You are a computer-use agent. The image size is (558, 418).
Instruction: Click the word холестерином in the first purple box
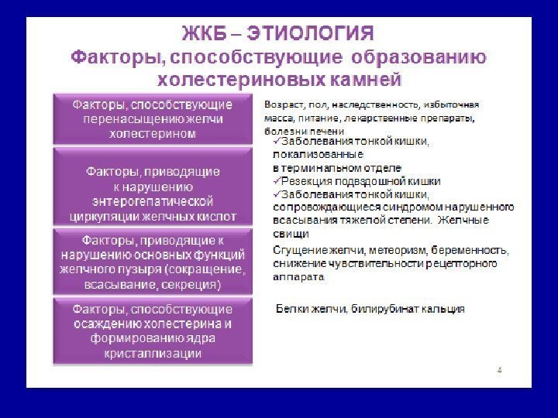[153, 133]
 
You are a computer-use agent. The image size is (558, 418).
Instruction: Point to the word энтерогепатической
[153, 201]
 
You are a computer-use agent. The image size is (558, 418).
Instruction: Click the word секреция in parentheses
[190, 284]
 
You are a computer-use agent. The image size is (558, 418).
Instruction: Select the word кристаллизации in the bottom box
[153, 353]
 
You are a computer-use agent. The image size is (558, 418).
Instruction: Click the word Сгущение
[298, 250]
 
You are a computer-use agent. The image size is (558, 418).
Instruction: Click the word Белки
[291, 309]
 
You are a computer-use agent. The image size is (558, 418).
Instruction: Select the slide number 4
[499, 370]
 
